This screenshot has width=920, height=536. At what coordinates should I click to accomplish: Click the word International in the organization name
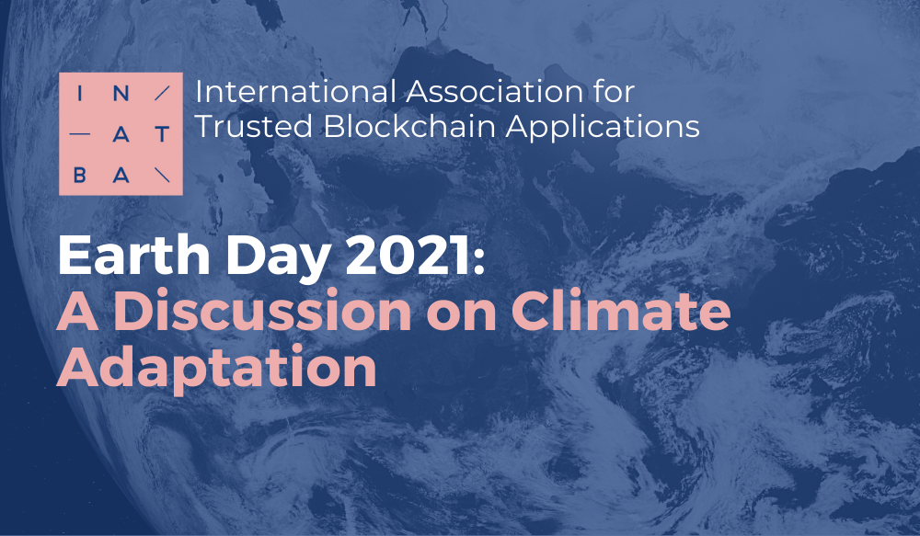point(295,92)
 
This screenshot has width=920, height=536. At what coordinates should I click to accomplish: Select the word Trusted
point(254,126)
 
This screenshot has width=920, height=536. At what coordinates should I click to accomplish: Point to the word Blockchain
point(409,126)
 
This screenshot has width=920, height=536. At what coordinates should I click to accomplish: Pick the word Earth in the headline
point(133,255)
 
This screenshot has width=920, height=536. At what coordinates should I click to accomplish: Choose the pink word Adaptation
point(216,369)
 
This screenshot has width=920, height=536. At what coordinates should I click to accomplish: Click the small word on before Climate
point(462,315)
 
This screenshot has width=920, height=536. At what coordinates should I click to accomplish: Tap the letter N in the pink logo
point(121,94)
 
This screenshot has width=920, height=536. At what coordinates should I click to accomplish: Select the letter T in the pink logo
point(162,134)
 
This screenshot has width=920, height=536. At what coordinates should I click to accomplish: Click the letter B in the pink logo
point(80,175)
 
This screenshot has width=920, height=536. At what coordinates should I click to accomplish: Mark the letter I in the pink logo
point(80,94)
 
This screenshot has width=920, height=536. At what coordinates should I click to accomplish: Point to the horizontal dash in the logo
point(80,134)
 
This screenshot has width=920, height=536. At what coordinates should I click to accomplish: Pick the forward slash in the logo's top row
point(162,94)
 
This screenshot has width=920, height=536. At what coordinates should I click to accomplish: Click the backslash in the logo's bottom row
point(162,175)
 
